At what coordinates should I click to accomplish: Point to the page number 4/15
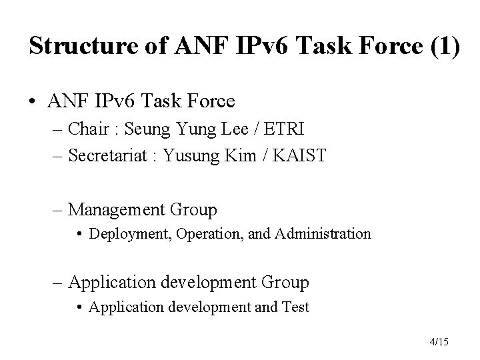pos(439,342)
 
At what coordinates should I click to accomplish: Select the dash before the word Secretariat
pos(55,156)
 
